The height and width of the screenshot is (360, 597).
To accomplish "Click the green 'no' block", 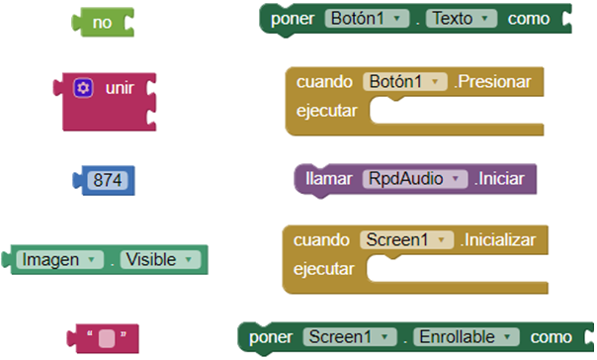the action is pos(102,20).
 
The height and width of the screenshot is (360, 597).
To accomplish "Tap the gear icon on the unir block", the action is pos(83,88).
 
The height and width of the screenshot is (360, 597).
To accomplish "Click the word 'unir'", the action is pos(120,88).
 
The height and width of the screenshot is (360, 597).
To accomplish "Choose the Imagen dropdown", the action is pos(58,259).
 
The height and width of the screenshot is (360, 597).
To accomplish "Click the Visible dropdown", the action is pos(161,259).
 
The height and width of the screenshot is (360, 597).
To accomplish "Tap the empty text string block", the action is pos(108,335).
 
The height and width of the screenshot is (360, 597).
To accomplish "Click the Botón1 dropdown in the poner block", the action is pos(368,19).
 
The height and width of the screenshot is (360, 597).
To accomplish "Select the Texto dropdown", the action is pos(462,19).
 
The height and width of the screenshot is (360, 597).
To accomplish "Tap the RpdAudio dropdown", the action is pos(415,179).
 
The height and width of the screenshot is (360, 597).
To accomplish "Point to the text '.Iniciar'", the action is pos(503,179).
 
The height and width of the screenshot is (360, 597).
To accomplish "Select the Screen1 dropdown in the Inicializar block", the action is pos(406,239).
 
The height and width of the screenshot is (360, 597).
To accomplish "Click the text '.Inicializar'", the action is pos(499,239).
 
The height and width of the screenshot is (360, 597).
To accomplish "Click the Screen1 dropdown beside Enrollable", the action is pos(349,337).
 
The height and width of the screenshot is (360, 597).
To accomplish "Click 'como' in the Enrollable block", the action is pos(552,337).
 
